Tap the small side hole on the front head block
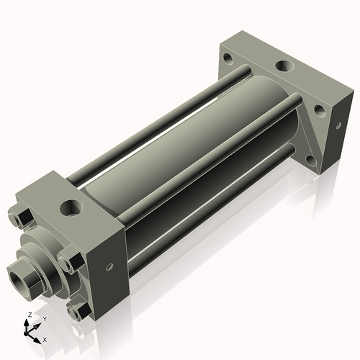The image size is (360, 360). (x=109, y=266)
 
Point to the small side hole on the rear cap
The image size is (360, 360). (x=338, y=125)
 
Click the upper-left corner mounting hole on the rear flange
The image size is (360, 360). (x=228, y=58)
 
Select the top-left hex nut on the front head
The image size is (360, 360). (x=20, y=217)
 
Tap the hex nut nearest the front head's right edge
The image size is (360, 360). (x=71, y=261)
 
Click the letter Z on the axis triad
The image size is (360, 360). (x=28, y=315)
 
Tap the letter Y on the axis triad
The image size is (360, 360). (x=44, y=319)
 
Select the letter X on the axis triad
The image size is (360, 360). (x=45, y=338)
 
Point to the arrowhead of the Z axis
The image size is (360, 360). (x=28, y=323)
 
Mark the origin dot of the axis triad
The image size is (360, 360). (x=28, y=332)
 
